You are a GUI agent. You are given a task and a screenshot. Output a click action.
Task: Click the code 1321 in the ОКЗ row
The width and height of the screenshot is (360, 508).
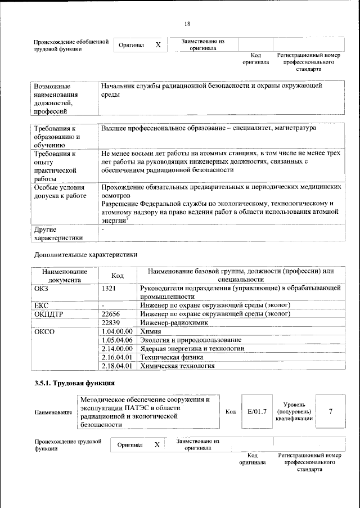click(x=109, y=288)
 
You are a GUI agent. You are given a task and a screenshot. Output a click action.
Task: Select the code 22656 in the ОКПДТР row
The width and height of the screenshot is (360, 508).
click(x=111, y=314)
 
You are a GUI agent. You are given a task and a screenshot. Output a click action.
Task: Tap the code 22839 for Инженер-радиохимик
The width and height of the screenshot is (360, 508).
click(x=111, y=323)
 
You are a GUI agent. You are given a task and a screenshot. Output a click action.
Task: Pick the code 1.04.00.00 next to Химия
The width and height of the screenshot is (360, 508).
click(x=116, y=331)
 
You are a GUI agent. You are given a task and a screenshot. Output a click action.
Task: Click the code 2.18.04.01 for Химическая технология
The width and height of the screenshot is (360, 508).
click(x=116, y=365)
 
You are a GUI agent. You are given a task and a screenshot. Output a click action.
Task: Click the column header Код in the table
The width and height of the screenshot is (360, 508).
click(x=118, y=275)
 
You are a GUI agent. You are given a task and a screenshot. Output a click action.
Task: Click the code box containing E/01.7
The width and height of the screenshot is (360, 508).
click(x=256, y=412)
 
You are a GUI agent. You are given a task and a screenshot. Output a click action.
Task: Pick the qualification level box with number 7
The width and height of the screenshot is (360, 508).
click(x=330, y=411)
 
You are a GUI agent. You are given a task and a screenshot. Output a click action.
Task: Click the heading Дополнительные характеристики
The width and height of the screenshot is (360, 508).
click(x=85, y=254)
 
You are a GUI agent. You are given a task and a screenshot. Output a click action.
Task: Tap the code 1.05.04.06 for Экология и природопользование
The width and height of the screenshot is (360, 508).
click(x=116, y=340)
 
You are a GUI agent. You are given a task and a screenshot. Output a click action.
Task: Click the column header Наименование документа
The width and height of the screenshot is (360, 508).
click(x=64, y=275)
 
